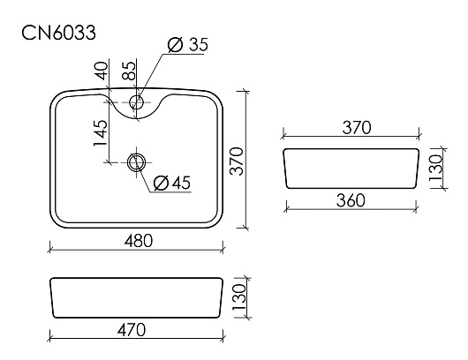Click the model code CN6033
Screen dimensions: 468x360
pyautogui.click(x=59, y=33)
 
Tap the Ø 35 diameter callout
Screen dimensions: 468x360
pyautogui.click(x=188, y=45)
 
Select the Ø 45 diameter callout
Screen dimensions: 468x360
pyautogui.click(x=172, y=183)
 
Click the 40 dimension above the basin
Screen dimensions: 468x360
pyautogui.click(x=102, y=71)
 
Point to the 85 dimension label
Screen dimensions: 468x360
pyautogui.click(x=129, y=71)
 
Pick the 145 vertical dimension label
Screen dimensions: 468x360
pyautogui.click(x=101, y=133)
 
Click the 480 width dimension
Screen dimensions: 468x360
pyautogui.click(x=138, y=240)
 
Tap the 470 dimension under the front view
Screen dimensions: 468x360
pyautogui.click(x=132, y=330)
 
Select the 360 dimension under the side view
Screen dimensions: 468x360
pyautogui.click(x=351, y=200)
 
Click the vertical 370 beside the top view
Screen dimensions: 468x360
pyautogui.click(x=238, y=161)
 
